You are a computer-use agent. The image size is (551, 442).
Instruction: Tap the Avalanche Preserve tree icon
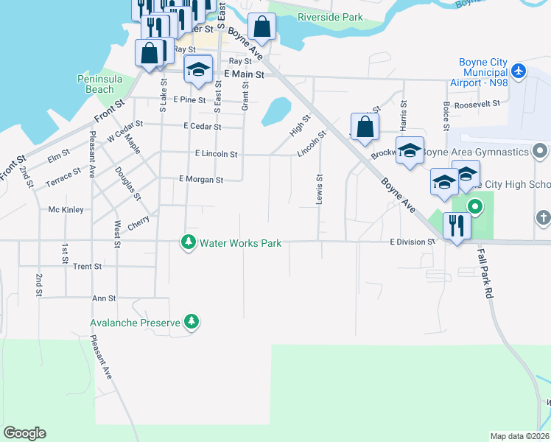(x=192, y=321)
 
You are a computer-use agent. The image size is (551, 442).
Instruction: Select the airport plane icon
(x=519, y=71)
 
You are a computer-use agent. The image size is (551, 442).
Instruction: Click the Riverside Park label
(x=330, y=16)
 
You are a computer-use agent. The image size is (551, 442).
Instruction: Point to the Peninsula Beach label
(x=95, y=84)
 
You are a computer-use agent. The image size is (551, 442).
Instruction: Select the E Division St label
(x=413, y=241)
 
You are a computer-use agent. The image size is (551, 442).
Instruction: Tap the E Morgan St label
(x=200, y=179)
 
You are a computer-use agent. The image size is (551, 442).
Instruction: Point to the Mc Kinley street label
(x=66, y=209)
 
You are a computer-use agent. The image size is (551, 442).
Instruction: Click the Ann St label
(x=103, y=298)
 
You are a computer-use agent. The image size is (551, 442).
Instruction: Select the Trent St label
(x=87, y=266)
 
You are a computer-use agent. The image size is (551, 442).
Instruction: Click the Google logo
(x=24, y=433)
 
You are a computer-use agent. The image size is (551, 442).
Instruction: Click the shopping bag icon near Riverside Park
(x=262, y=28)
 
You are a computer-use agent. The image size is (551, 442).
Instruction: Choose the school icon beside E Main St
(x=197, y=70)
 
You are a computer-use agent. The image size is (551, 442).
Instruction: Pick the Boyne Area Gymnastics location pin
(x=540, y=152)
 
